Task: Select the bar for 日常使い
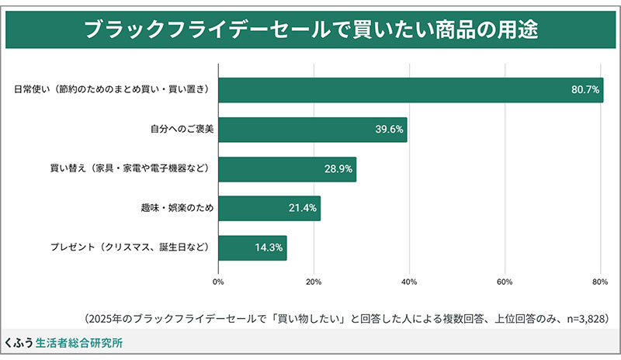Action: [x=410, y=90]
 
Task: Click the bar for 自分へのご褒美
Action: [x=312, y=130]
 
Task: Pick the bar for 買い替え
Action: [x=286, y=169]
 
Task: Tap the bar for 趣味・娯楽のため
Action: [x=269, y=209]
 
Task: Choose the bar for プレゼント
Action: [x=252, y=248]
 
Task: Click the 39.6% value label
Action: [x=389, y=130]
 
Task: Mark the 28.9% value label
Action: [x=338, y=169]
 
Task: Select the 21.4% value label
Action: [x=302, y=209]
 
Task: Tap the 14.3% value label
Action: [x=269, y=248]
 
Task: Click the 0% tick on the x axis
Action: [x=218, y=281]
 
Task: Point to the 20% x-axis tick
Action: [x=314, y=281]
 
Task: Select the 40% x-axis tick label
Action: [x=409, y=281]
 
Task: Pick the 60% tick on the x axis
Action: [x=505, y=281]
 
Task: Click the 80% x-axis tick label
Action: [x=599, y=281]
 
